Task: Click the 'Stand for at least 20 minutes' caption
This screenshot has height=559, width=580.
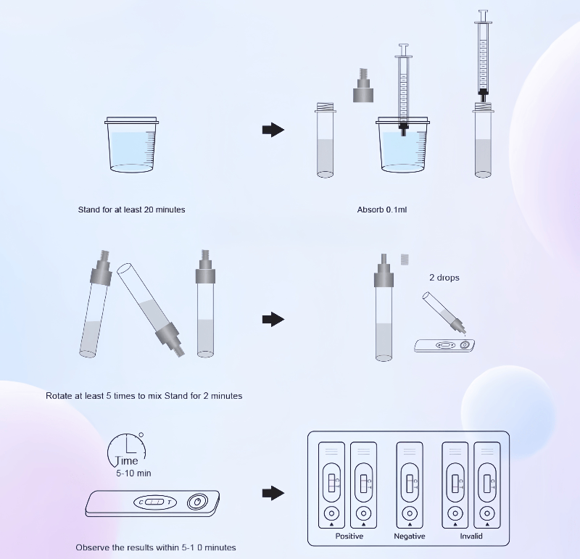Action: (x=131, y=210)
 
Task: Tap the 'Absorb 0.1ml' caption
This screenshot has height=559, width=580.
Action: (x=381, y=210)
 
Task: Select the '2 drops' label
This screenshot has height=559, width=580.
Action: (x=444, y=278)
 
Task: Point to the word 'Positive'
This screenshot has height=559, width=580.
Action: (x=349, y=537)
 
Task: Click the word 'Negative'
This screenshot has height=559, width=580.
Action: (x=410, y=537)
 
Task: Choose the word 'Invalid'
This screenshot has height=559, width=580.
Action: (x=471, y=537)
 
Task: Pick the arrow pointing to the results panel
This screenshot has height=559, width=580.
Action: (x=272, y=493)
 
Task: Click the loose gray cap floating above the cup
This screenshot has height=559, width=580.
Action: (x=362, y=86)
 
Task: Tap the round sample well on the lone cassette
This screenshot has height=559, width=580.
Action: (x=196, y=502)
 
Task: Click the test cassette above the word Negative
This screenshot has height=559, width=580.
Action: (x=410, y=482)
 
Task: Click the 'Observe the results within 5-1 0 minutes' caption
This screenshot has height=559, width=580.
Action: (x=156, y=547)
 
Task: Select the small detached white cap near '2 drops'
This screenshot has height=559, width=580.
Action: (x=405, y=258)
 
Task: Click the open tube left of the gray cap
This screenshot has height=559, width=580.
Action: (x=325, y=140)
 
